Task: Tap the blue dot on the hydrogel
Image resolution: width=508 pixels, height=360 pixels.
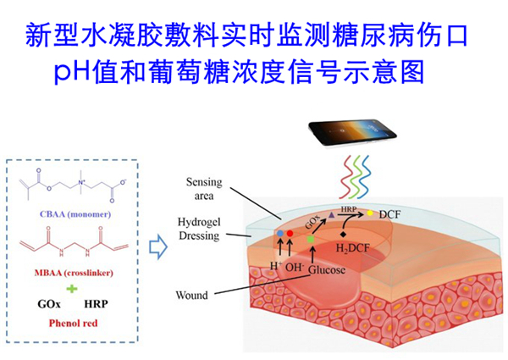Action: (x=279, y=232)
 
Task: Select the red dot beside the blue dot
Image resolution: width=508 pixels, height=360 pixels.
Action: (x=290, y=233)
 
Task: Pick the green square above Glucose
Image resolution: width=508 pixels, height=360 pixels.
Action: (x=311, y=240)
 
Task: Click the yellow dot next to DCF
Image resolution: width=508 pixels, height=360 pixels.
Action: (x=371, y=213)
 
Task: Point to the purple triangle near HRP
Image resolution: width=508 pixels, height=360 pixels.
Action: (x=332, y=215)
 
